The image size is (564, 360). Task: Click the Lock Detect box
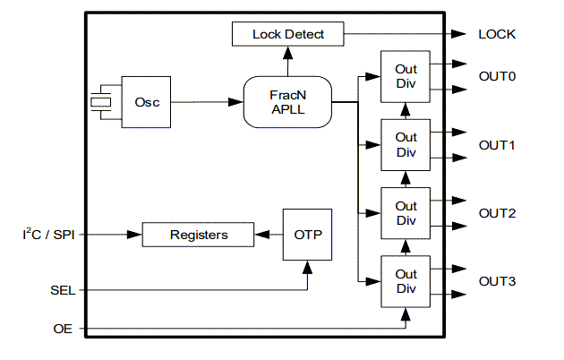pos(288,35)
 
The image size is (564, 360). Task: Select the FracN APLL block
pos(288,102)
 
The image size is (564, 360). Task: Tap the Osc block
pos(146,102)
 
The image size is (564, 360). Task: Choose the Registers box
pos(198,235)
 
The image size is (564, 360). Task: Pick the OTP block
pos(307,235)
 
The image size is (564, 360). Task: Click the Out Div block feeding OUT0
pos(406,77)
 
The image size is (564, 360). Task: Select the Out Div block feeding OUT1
pos(406,145)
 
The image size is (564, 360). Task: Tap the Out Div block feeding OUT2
pos(406,213)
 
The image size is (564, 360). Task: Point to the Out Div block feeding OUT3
pos(406,281)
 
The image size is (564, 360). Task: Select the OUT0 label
pos(497,77)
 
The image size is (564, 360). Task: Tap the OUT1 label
pos(497,145)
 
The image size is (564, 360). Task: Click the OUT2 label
pos(497,213)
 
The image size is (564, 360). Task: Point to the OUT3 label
pos(497,281)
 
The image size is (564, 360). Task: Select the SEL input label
pos(61,290)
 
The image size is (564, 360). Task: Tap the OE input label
pos(63,330)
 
